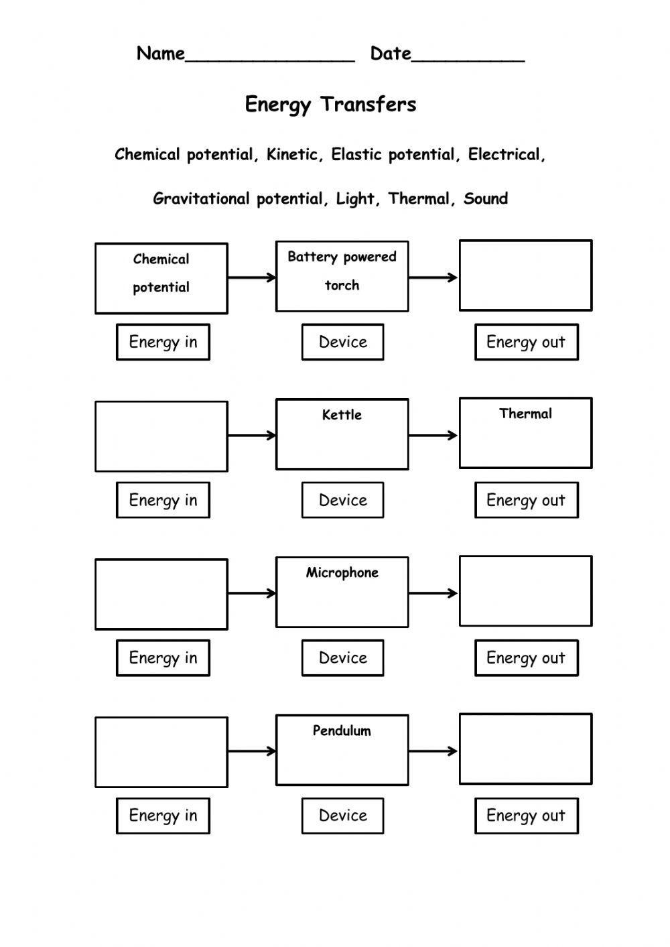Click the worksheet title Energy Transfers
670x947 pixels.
(x=330, y=105)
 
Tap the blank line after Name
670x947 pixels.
(x=269, y=59)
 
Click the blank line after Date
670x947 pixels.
(x=468, y=59)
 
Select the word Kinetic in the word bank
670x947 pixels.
(x=291, y=155)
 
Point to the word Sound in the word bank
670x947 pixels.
(x=486, y=198)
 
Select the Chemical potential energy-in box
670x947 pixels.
(x=161, y=278)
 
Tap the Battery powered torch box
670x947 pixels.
(x=342, y=276)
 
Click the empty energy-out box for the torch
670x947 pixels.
(x=525, y=275)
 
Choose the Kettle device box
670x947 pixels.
(x=342, y=434)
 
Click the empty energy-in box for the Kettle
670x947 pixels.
(x=161, y=436)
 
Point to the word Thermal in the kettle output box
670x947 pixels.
(x=525, y=414)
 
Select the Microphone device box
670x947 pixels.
(x=342, y=592)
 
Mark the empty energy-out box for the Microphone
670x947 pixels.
(x=525, y=591)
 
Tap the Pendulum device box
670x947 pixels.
(x=342, y=750)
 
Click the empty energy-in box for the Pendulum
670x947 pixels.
(x=161, y=752)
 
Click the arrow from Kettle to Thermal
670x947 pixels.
(x=433, y=436)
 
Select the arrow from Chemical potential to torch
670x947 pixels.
(x=251, y=277)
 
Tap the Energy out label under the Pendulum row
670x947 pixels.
(x=526, y=816)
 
